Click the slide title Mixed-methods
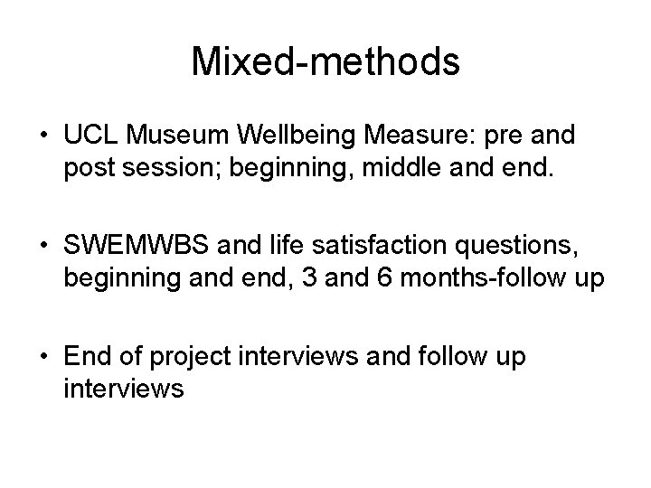[x=325, y=62]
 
